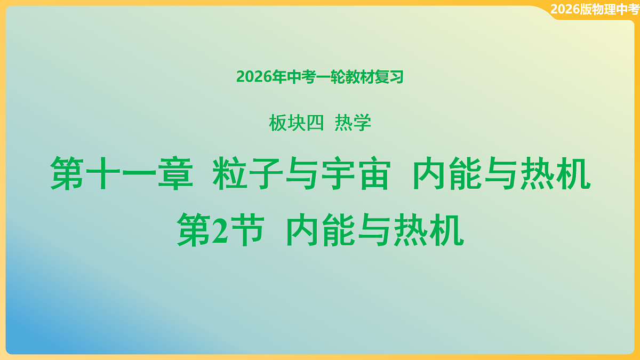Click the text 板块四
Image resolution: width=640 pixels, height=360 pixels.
coord(296,124)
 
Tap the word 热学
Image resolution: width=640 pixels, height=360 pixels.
coord(353,124)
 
